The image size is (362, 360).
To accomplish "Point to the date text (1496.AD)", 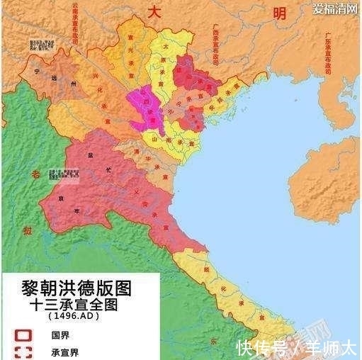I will click(x=74, y=316).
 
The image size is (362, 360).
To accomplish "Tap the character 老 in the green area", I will click(x=28, y=174).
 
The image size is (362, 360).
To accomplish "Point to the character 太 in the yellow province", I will click(x=165, y=47).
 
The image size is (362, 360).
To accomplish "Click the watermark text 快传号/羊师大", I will click(x=295, y=348).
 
